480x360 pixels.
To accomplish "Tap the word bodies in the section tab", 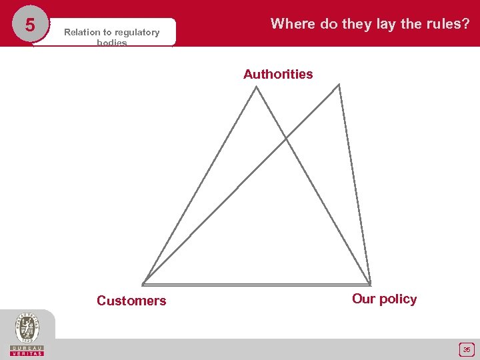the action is pos(111,43).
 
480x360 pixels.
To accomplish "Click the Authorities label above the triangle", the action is pos(278,74).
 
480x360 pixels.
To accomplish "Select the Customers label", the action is pos(131,301).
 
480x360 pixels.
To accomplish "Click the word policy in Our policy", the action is pos(398,299).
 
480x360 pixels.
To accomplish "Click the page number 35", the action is pos(467,349).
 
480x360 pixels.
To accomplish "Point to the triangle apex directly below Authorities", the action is pos(257,87).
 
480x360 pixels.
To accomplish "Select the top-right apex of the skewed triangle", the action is pos(339,85).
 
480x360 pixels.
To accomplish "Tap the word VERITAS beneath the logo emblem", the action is pos(27,353).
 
